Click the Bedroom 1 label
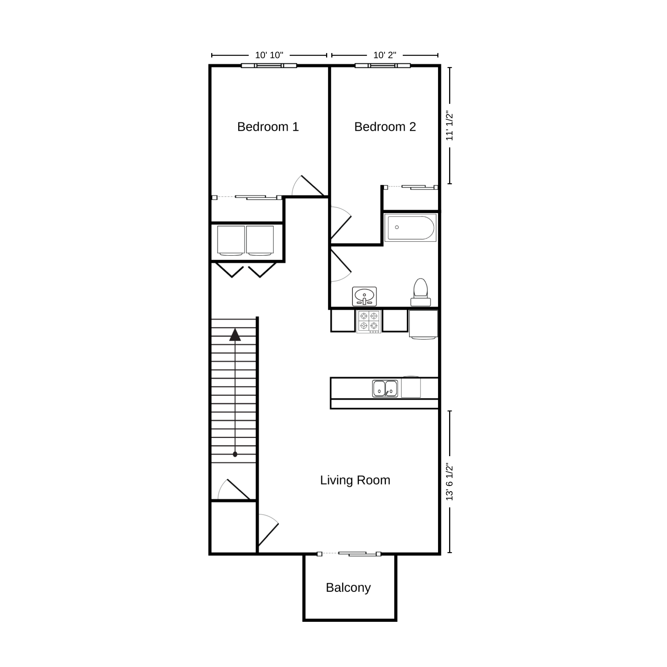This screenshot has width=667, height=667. [x=268, y=127]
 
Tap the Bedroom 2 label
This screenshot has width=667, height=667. [x=385, y=127]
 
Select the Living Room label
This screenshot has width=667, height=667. [x=355, y=480]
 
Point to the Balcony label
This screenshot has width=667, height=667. [x=348, y=588]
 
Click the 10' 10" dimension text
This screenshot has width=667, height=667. [x=269, y=55]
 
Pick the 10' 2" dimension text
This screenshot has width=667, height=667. [x=385, y=55]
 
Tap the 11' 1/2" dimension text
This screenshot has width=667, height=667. [x=449, y=126]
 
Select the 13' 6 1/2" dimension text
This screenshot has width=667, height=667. [x=449, y=481]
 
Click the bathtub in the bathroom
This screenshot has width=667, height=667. [x=411, y=228]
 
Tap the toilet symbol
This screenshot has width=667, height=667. [x=421, y=292]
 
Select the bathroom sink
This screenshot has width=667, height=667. [x=364, y=296]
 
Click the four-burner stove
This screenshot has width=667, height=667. [x=369, y=321]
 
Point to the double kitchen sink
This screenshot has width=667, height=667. [x=385, y=388]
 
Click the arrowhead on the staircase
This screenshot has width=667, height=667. [x=235, y=335]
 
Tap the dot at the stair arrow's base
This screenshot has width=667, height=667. [x=235, y=454]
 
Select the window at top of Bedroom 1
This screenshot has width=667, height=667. [x=269, y=66]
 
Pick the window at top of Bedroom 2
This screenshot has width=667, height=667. [x=383, y=66]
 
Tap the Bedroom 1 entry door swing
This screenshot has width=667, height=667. [x=308, y=186]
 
